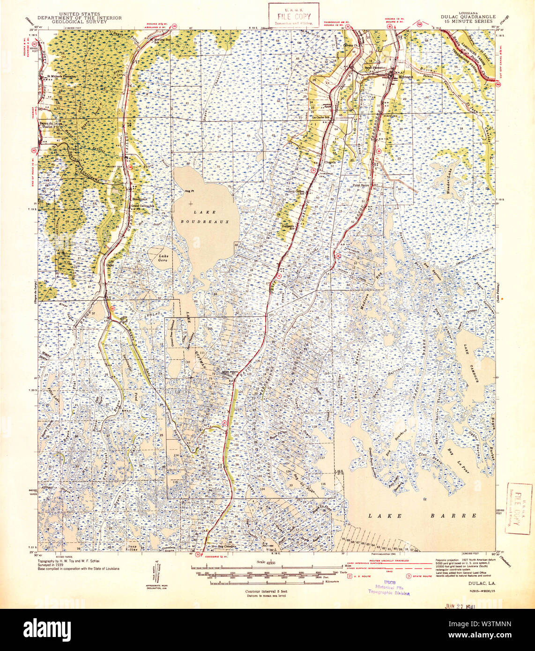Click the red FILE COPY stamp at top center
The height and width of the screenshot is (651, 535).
point(293,15)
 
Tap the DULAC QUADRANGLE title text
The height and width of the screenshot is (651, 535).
point(468,16)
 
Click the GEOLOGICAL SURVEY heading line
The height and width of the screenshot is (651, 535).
point(79,22)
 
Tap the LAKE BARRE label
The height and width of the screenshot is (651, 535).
point(422,515)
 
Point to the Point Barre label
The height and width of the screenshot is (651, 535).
point(362,185)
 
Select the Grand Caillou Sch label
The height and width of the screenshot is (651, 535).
point(143,206)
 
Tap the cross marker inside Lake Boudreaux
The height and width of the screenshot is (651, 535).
point(190,204)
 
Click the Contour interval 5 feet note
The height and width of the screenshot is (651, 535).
point(266,591)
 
